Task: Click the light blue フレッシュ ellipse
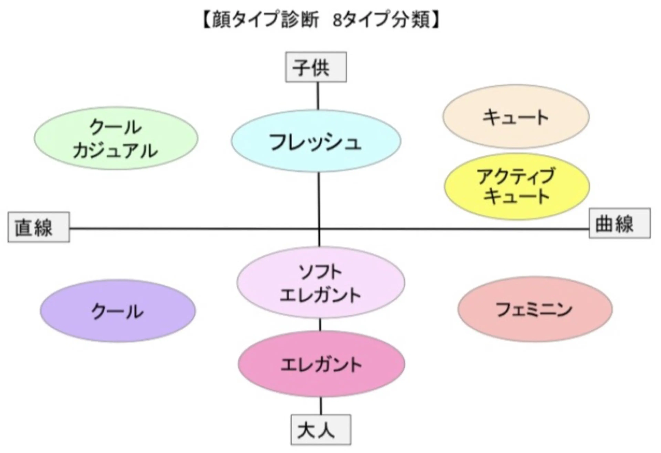pyautogui.click(x=316, y=141)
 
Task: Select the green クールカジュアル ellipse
pyautogui.click(x=116, y=138)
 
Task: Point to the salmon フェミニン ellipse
pyautogui.click(x=535, y=309)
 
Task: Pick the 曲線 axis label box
pyautogui.click(x=620, y=223)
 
